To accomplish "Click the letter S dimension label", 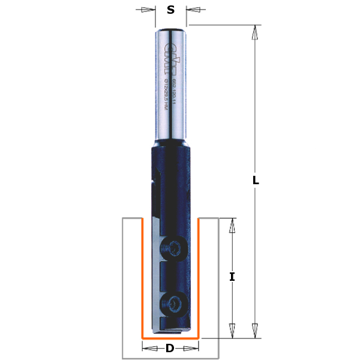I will pos(171,10).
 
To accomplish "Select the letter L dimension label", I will pos(256,180).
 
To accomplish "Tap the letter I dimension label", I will pos(232,277).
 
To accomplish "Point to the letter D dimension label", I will pos(170,348).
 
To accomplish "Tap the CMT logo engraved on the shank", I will pos(167,57).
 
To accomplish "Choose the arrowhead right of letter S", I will pos(193,10).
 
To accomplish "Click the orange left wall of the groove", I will pos(142,276).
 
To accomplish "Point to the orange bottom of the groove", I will pos(170,338).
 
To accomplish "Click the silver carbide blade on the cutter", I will pos(155,276).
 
